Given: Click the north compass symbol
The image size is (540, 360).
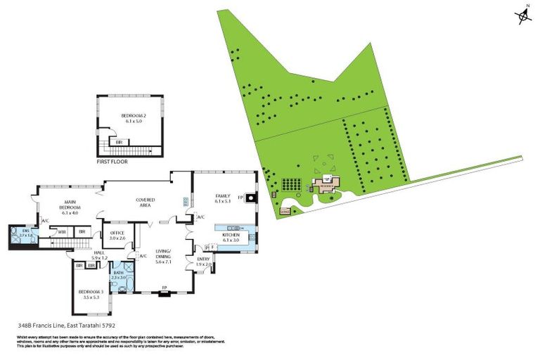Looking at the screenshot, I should coord(523,16).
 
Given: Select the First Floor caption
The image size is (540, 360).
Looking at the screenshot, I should coord(112,162).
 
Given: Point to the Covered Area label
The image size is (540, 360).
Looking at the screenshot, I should coord(146,202).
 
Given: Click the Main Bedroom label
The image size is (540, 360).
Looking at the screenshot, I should coord(70,207).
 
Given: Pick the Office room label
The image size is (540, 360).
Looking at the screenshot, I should coord(117,236).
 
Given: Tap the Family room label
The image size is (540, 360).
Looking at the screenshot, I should coord(223,199).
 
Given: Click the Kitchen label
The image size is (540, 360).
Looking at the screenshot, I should coord(231,238).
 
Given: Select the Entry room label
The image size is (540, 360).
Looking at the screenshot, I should coord(203,262).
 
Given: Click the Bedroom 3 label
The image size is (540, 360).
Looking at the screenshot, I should coord(91,293).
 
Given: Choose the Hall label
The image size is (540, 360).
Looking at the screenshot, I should coord(99,255).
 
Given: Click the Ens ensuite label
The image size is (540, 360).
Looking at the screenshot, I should coord(25,231).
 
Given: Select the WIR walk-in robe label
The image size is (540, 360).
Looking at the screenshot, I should coord(62,231).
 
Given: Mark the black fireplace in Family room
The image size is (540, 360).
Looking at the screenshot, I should coord(250,197).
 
